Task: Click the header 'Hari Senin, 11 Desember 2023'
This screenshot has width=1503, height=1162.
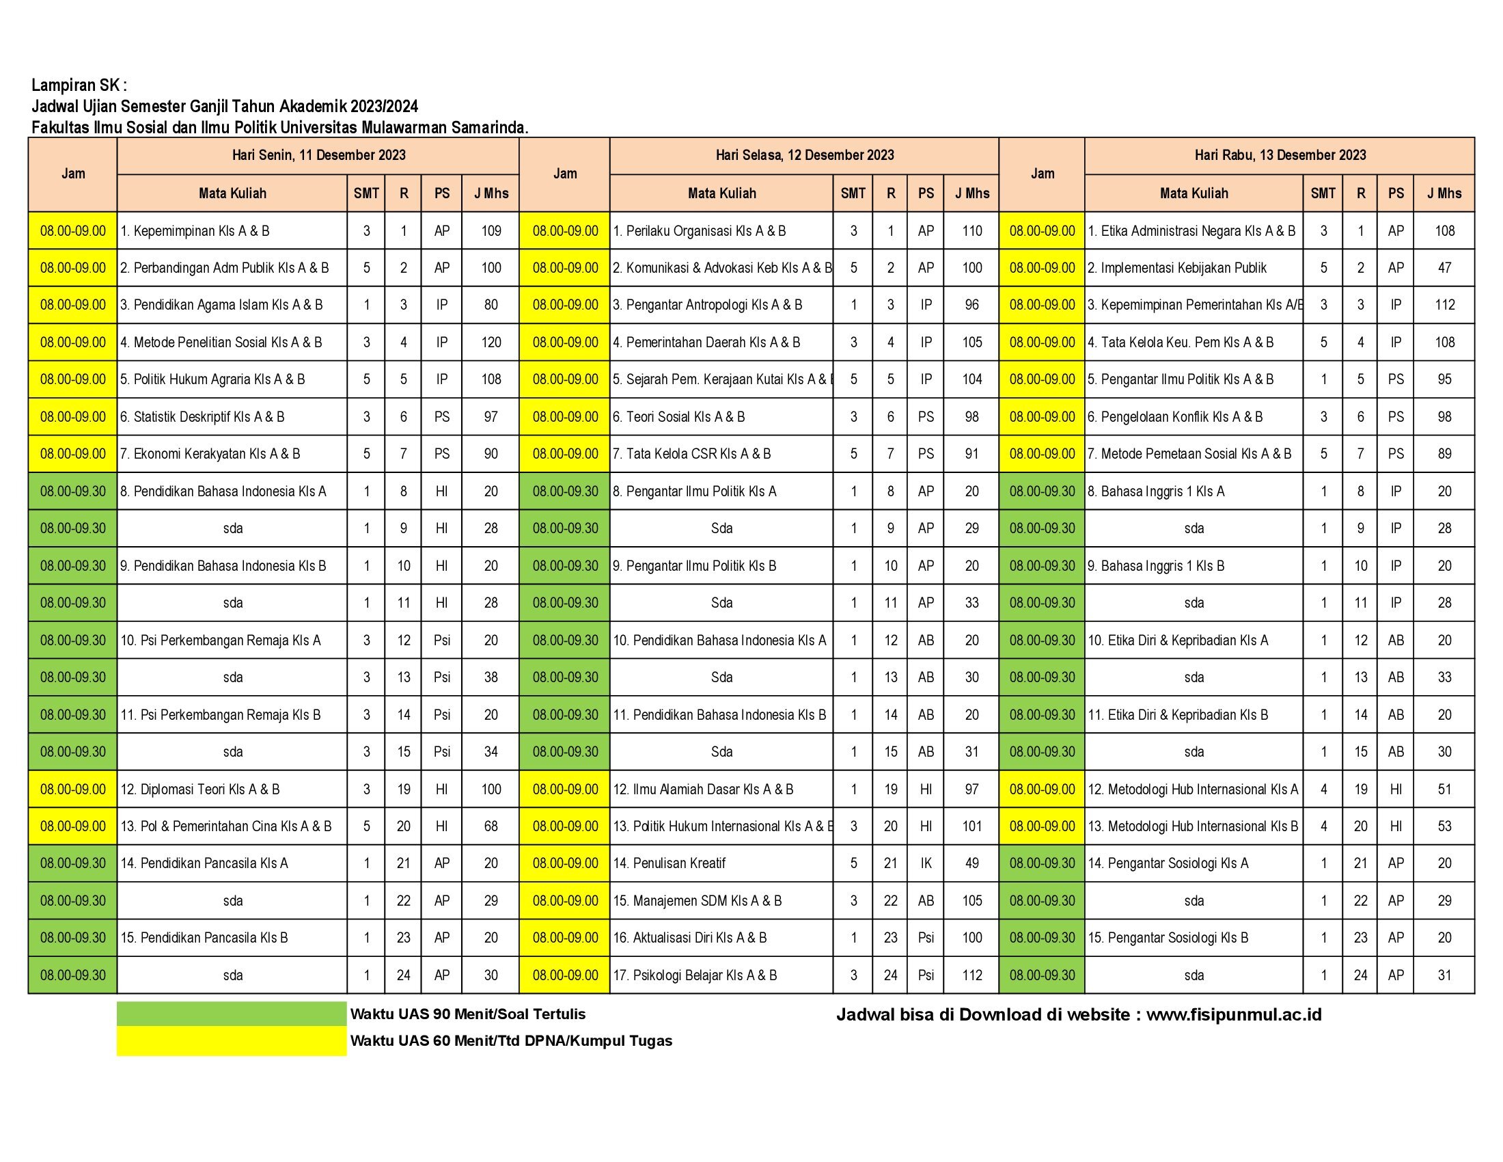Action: coord(318,156)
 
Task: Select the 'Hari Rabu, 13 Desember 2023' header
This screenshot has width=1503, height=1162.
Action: coord(1280,156)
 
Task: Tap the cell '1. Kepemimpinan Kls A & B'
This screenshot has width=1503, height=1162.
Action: coord(195,231)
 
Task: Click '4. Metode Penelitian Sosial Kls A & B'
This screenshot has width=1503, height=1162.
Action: coord(221,343)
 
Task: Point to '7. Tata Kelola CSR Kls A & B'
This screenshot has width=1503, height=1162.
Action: coord(692,455)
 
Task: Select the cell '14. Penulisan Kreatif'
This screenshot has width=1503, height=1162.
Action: coord(670,863)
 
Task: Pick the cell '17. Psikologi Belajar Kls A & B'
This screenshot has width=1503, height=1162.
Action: coord(695,975)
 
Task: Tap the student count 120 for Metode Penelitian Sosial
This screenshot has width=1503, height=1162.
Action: coord(491,343)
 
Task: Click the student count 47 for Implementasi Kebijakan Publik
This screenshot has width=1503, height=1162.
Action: coord(1444,269)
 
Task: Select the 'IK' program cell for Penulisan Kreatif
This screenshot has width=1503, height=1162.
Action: coord(926,863)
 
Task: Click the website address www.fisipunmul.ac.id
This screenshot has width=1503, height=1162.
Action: coord(1234,1014)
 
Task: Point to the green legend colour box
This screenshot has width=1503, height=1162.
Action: coord(231,1014)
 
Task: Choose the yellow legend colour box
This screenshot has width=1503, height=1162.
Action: coord(231,1041)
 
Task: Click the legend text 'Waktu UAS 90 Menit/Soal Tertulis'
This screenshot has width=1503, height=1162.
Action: coord(468,1014)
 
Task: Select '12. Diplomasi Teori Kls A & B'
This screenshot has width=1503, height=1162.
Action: coord(200,789)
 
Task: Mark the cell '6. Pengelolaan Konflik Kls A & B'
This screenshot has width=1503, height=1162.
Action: coord(1176,417)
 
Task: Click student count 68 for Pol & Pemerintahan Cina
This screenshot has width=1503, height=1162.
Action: coord(491,826)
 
